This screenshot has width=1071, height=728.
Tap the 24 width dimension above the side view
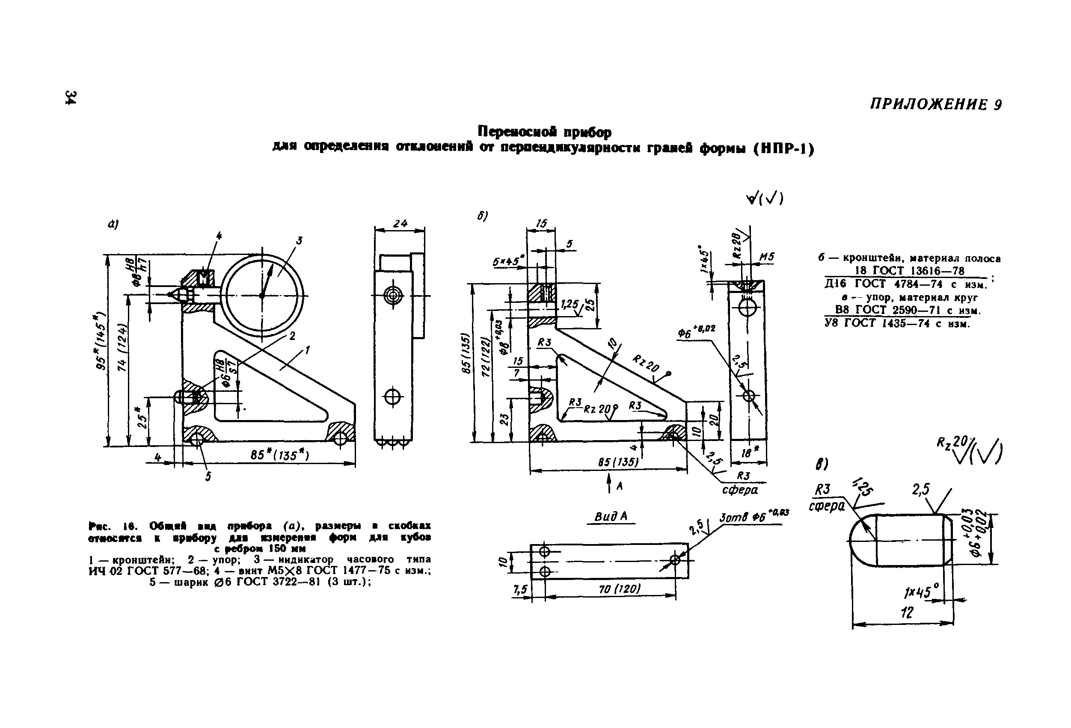point(400,223)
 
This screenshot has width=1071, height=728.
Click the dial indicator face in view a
point(262,295)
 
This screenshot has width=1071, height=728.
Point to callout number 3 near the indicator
point(300,240)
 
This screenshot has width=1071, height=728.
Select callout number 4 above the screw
point(219,236)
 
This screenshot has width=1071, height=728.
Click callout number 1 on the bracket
point(307,350)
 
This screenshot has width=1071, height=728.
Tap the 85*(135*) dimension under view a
point(280,455)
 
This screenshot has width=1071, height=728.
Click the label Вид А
point(611,517)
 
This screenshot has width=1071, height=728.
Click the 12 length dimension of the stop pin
point(907,613)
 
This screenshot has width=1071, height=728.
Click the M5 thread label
point(766,257)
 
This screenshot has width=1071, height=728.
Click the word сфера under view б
point(740,490)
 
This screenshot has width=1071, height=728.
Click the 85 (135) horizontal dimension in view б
point(618,462)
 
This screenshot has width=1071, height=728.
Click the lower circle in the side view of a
point(393,396)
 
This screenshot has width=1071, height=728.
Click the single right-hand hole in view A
point(675,560)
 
